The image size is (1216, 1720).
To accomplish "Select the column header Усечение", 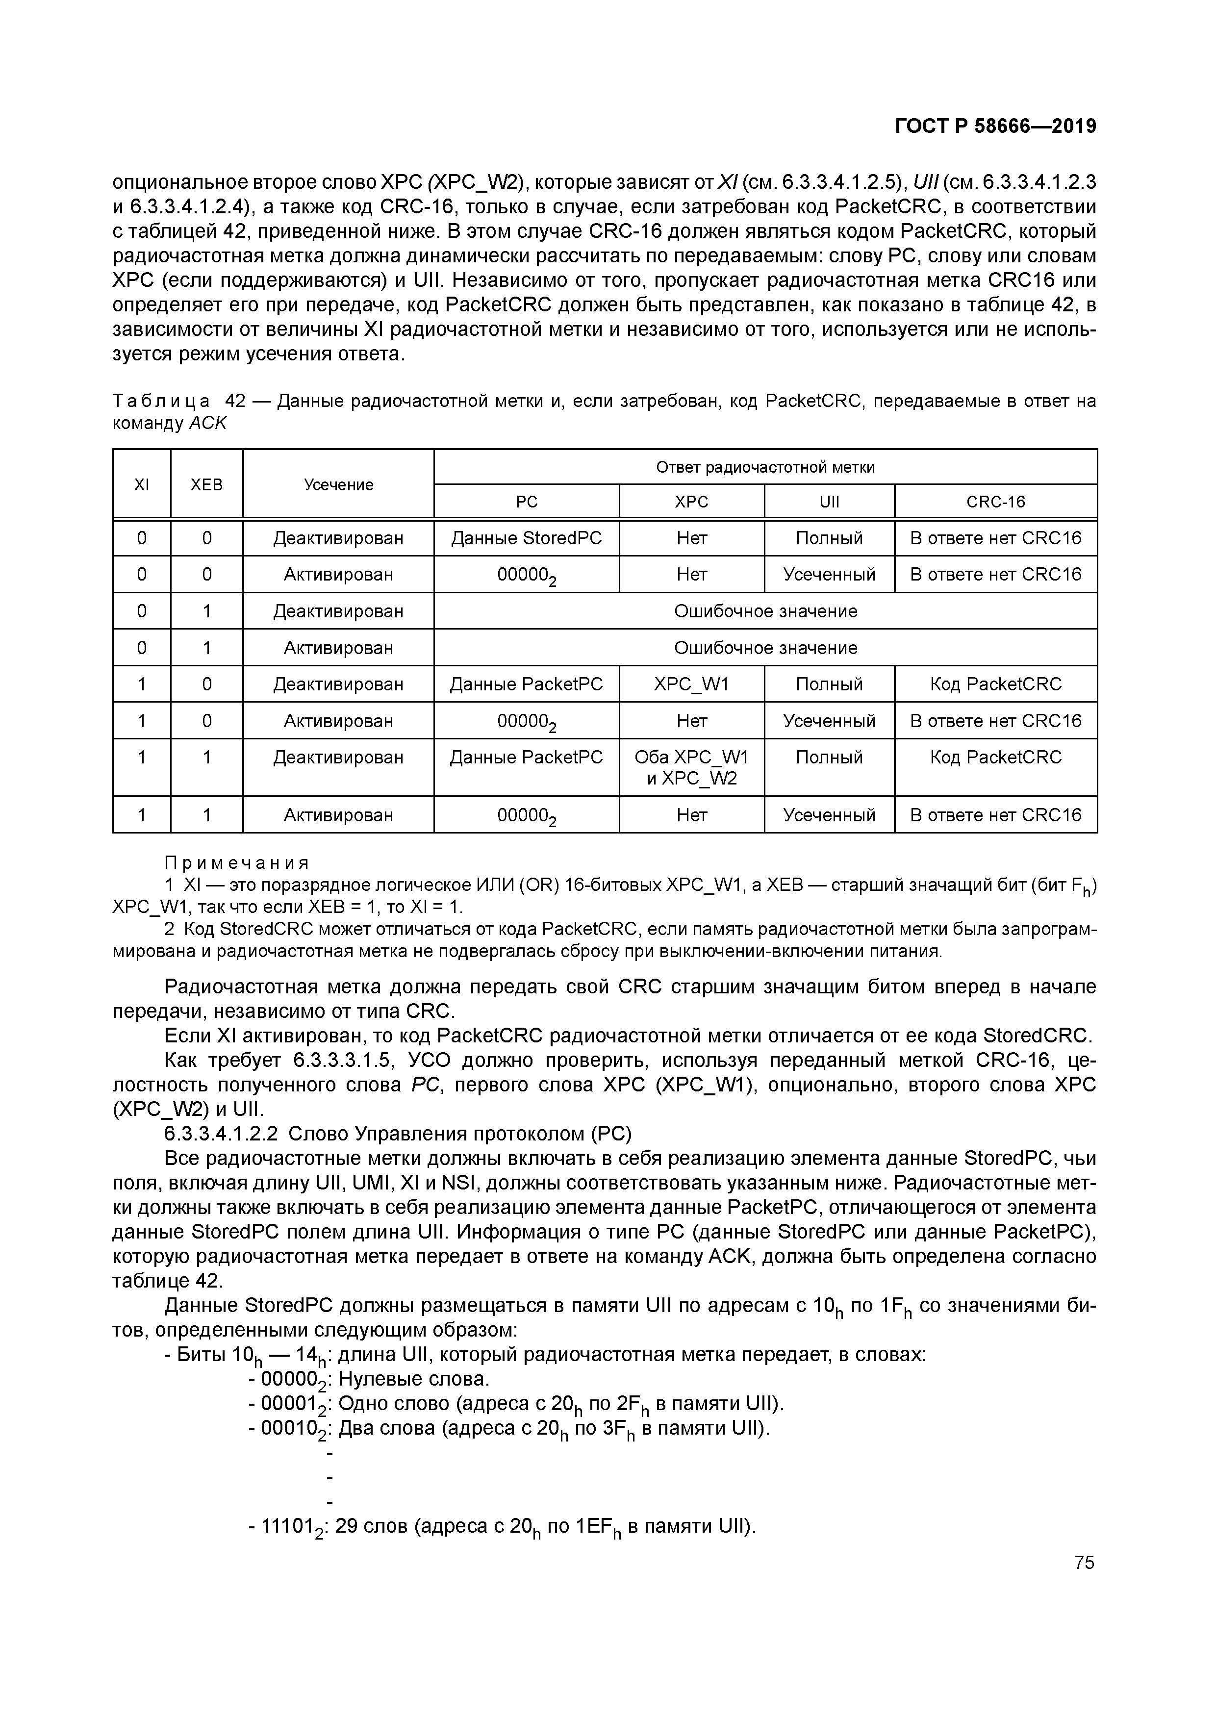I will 339,485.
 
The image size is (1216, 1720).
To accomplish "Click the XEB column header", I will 207,485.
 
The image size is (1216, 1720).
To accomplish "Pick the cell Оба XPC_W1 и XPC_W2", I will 691,768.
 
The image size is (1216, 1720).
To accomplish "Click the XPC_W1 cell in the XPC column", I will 691,684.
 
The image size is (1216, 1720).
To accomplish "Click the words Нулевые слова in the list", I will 413,1379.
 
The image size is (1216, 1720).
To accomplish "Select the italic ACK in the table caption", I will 207,423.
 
